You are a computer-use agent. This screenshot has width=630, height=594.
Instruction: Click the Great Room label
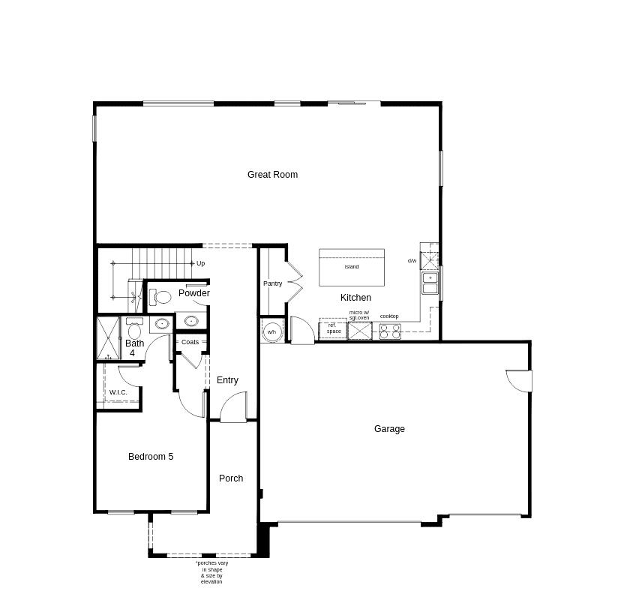pos(272,175)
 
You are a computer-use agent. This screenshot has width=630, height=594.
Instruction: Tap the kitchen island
pos(352,267)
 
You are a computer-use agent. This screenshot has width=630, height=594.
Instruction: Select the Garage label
pos(389,429)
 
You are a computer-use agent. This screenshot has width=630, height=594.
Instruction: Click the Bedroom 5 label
pos(151,457)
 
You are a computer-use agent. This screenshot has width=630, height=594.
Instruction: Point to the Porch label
pos(231,478)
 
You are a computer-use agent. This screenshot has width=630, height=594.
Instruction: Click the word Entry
pos(227,380)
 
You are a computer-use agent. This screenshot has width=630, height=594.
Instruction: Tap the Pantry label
pos(272,283)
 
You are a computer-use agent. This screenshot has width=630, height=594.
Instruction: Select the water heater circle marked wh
pos(271,331)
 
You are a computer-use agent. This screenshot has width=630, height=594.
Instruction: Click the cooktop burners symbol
pos(390,331)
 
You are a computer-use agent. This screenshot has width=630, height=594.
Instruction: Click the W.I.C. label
pos(118,392)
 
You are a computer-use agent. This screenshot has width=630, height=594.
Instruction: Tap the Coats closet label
pos(190,342)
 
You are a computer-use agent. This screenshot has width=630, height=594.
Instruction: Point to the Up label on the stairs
pos(201,263)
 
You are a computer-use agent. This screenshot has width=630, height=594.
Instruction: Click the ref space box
pos(333,328)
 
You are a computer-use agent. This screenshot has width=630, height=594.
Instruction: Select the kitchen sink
pos(430,283)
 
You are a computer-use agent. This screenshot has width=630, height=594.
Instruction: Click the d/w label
pos(412,261)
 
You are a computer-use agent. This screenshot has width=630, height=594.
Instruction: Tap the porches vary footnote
pos(211,572)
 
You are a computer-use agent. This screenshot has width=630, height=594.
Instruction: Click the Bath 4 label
pos(134,348)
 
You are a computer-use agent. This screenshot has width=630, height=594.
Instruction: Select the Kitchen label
pos(355,298)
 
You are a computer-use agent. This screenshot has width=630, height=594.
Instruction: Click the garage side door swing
pos(520,381)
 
